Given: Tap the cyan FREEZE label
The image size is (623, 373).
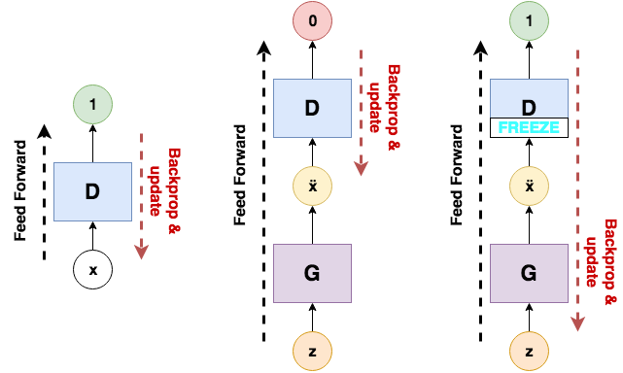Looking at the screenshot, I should coord(530,127).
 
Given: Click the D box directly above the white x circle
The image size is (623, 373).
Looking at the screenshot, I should coord(92,191).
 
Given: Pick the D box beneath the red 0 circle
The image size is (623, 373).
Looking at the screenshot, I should coord(312,108).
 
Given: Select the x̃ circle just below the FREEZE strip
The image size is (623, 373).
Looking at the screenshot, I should coord(530,185).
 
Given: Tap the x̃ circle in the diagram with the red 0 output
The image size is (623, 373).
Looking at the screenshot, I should coord(312,185).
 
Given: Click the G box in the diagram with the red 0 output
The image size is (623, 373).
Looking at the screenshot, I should coord(312,272).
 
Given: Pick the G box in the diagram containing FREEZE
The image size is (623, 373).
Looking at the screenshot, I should coord(530,272).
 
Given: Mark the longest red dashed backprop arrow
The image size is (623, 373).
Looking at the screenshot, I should coord(580,185).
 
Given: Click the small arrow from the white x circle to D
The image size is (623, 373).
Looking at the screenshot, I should coord(92,236).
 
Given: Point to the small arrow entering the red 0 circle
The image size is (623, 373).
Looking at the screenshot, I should coord(312,59).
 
